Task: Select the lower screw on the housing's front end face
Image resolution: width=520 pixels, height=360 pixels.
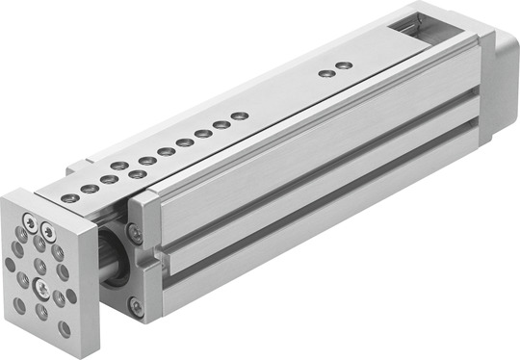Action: (136, 309)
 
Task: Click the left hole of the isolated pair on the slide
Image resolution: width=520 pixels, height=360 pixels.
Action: (326, 72)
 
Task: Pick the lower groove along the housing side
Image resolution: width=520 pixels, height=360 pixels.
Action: (318, 225)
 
